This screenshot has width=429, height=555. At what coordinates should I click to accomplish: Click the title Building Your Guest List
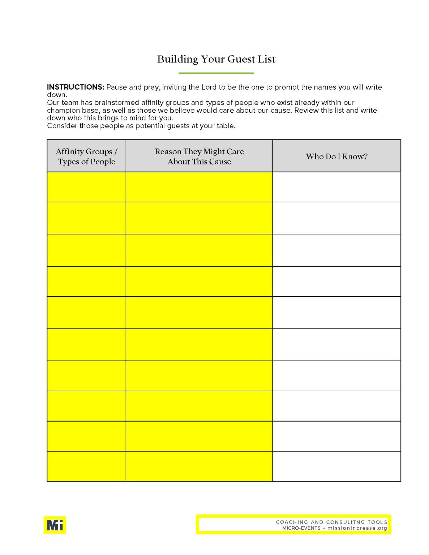216,59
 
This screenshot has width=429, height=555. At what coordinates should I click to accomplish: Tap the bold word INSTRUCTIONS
75,87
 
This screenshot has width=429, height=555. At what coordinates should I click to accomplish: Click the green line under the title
216,73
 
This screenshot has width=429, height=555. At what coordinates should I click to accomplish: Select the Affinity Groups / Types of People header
86,156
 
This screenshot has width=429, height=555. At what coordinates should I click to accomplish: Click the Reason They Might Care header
199,156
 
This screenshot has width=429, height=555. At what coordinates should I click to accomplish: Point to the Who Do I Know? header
336,156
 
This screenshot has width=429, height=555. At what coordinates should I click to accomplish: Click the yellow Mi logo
55,525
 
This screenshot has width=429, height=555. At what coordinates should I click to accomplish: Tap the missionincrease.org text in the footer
357,528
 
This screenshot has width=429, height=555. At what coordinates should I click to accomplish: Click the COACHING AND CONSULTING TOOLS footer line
331,522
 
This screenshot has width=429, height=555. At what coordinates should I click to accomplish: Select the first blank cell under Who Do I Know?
336,187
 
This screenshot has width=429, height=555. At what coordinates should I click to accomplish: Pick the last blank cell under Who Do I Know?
336,466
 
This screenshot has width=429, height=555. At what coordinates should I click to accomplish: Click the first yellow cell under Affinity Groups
86,187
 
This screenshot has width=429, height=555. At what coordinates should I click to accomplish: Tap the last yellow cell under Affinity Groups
86,466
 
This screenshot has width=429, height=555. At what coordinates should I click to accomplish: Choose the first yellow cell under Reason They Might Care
199,187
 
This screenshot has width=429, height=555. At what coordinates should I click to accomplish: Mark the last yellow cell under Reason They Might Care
199,466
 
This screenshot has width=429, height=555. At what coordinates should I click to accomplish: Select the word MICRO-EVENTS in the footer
301,528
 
